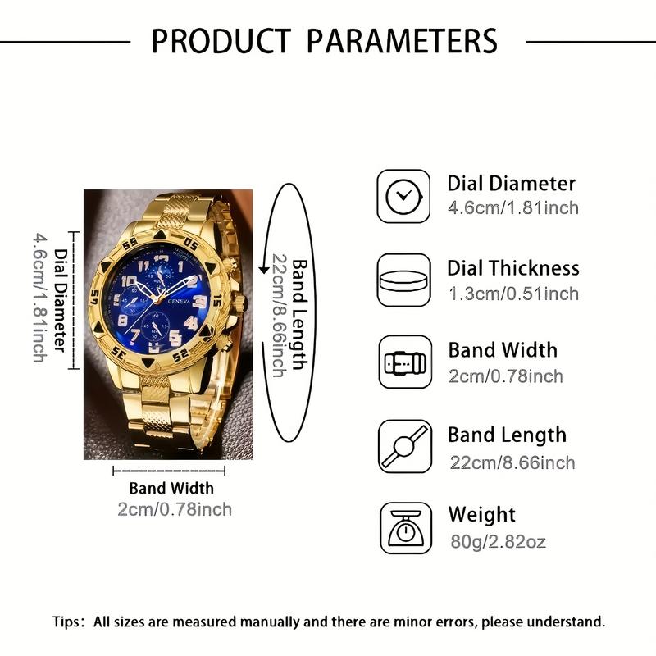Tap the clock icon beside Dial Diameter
point(403,196)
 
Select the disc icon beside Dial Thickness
point(403,280)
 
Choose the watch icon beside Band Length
point(403,447)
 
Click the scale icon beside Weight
point(403,530)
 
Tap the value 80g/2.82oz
point(497,541)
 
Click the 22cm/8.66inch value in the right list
point(512,462)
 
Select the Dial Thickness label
point(513,268)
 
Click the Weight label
point(481,515)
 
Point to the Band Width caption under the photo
point(171,489)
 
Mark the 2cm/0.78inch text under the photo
point(174,509)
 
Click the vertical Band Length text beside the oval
point(301,316)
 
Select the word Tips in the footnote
point(68,622)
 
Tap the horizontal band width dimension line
point(169,471)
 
